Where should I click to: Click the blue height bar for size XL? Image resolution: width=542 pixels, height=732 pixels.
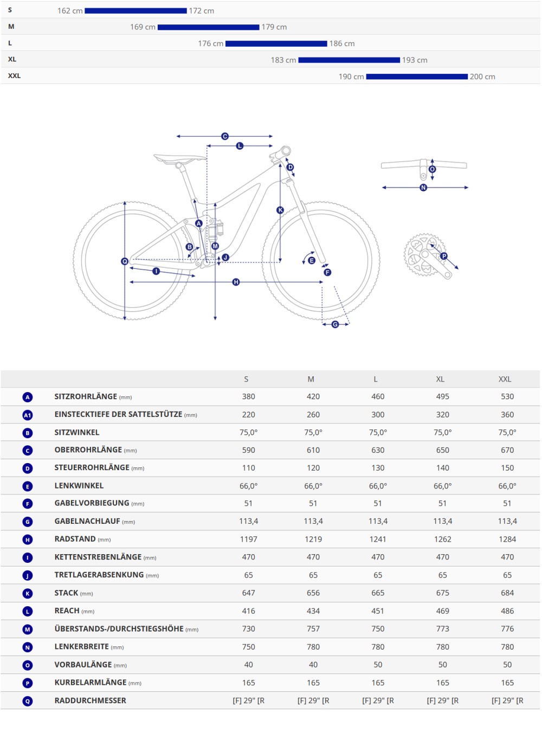tap(349, 60)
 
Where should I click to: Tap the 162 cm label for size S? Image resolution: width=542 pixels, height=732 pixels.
tap(70, 11)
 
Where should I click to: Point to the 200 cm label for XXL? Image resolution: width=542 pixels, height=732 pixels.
tap(482, 76)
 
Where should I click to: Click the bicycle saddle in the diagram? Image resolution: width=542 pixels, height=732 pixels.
tap(179, 159)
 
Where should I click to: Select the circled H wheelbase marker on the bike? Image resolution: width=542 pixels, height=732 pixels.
tap(236, 282)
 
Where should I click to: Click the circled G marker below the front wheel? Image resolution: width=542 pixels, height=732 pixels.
tap(335, 324)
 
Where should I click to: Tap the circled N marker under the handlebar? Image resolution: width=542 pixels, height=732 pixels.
tap(423, 188)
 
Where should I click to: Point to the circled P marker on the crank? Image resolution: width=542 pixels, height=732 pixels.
tap(444, 256)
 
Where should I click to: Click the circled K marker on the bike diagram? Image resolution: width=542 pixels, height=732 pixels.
tap(280, 210)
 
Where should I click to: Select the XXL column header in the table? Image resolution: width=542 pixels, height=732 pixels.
tap(505, 379)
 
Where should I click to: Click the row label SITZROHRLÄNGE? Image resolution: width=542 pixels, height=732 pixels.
tap(86, 396)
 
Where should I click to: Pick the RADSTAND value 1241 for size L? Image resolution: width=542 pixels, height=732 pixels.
tap(378, 539)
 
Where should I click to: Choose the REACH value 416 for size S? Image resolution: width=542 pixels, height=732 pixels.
tap(248, 611)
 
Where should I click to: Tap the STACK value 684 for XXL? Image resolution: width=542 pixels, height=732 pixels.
tap(507, 593)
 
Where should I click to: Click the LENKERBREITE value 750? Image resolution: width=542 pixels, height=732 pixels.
tap(248, 646)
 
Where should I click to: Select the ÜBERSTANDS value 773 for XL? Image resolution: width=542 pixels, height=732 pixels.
tap(442, 628)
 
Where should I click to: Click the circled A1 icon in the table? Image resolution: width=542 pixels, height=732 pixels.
tap(28, 415)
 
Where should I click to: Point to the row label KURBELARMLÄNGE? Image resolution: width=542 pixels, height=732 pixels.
tap(90, 682)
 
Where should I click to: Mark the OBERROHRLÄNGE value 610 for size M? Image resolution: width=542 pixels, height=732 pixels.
tap(313, 450)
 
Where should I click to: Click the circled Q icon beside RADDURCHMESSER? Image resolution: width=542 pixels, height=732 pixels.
tap(28, 701)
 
